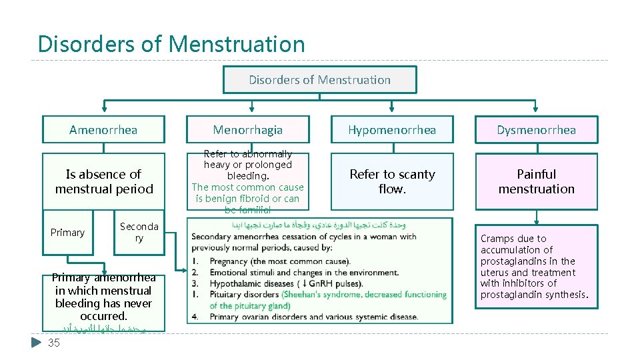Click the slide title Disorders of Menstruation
(171, 44)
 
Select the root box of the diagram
(319, 80)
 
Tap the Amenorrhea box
(103, 130)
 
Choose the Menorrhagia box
(248, 130)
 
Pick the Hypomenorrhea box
(392, 130)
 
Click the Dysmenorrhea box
(536, 130)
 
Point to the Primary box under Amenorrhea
(68, 233)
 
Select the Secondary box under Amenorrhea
(139, 233)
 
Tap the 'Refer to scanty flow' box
(392, 181)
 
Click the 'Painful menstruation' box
(536, 181)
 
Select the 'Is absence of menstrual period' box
(103, 181)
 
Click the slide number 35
(54, 343)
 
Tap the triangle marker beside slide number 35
(37, 343)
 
